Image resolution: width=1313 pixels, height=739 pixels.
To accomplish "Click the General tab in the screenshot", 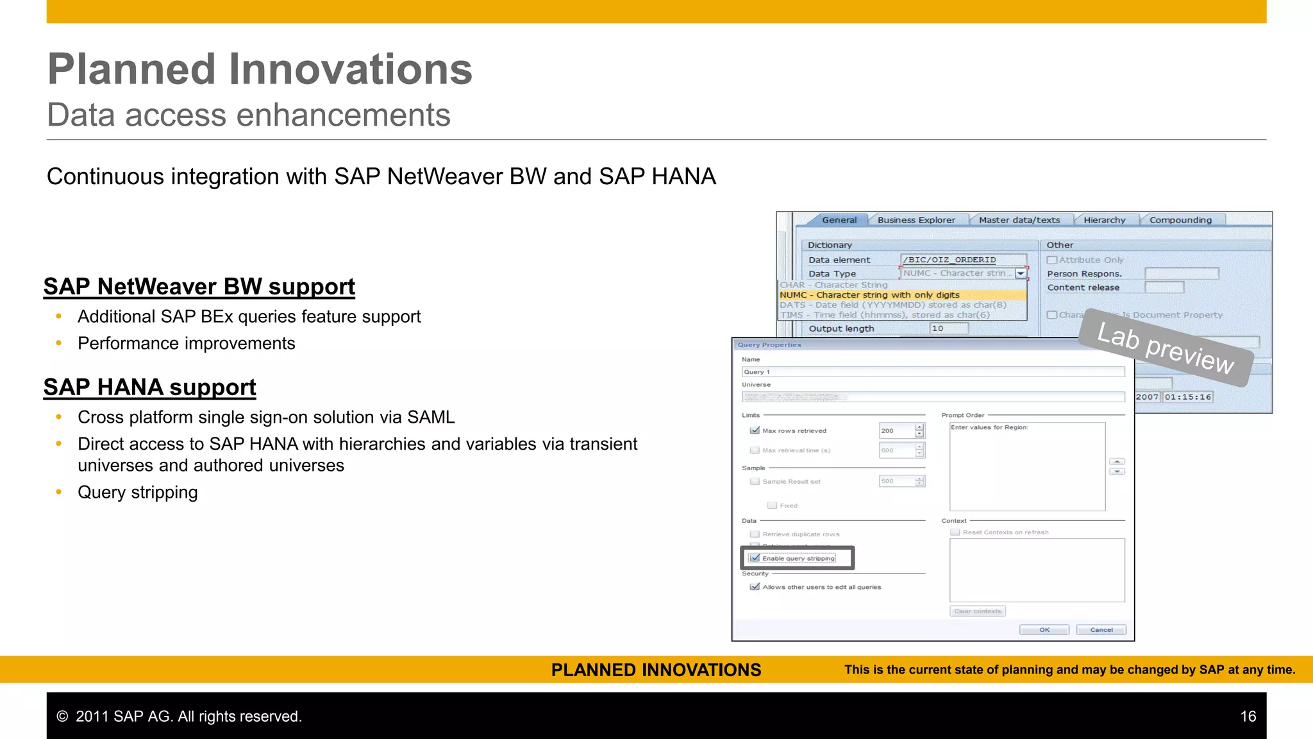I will tap(839, 220).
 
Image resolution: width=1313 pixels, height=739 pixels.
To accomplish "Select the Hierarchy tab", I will tap(1104, 220).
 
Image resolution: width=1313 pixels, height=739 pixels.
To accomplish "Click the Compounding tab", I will tap(1180, 220).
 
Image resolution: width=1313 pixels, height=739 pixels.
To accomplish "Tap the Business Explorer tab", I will tap(916, 220).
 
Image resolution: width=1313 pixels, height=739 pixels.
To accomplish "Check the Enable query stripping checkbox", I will tap(755, 558).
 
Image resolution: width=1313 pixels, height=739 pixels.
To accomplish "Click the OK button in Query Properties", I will tap(1044, 630).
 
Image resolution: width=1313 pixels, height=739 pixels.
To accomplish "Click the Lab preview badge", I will tap(1165, 348).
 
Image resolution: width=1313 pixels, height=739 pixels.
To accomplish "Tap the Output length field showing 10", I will tap(948, 328).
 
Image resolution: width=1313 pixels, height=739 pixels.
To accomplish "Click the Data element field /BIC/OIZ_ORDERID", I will tap(962, 260).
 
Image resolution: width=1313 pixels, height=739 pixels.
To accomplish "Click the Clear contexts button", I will tap(977, 611).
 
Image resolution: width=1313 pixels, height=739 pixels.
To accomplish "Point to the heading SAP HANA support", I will tap(149, 387).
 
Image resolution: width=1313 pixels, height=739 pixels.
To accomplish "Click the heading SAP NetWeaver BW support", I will tap(199, 287).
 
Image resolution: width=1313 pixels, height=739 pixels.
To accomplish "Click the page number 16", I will tap(1248, 717).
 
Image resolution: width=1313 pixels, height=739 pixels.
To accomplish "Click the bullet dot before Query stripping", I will tap(59, 492).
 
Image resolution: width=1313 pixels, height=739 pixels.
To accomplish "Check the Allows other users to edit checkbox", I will tap(755, 587).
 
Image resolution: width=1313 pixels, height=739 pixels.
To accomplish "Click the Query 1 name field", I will tap(932, 372).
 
